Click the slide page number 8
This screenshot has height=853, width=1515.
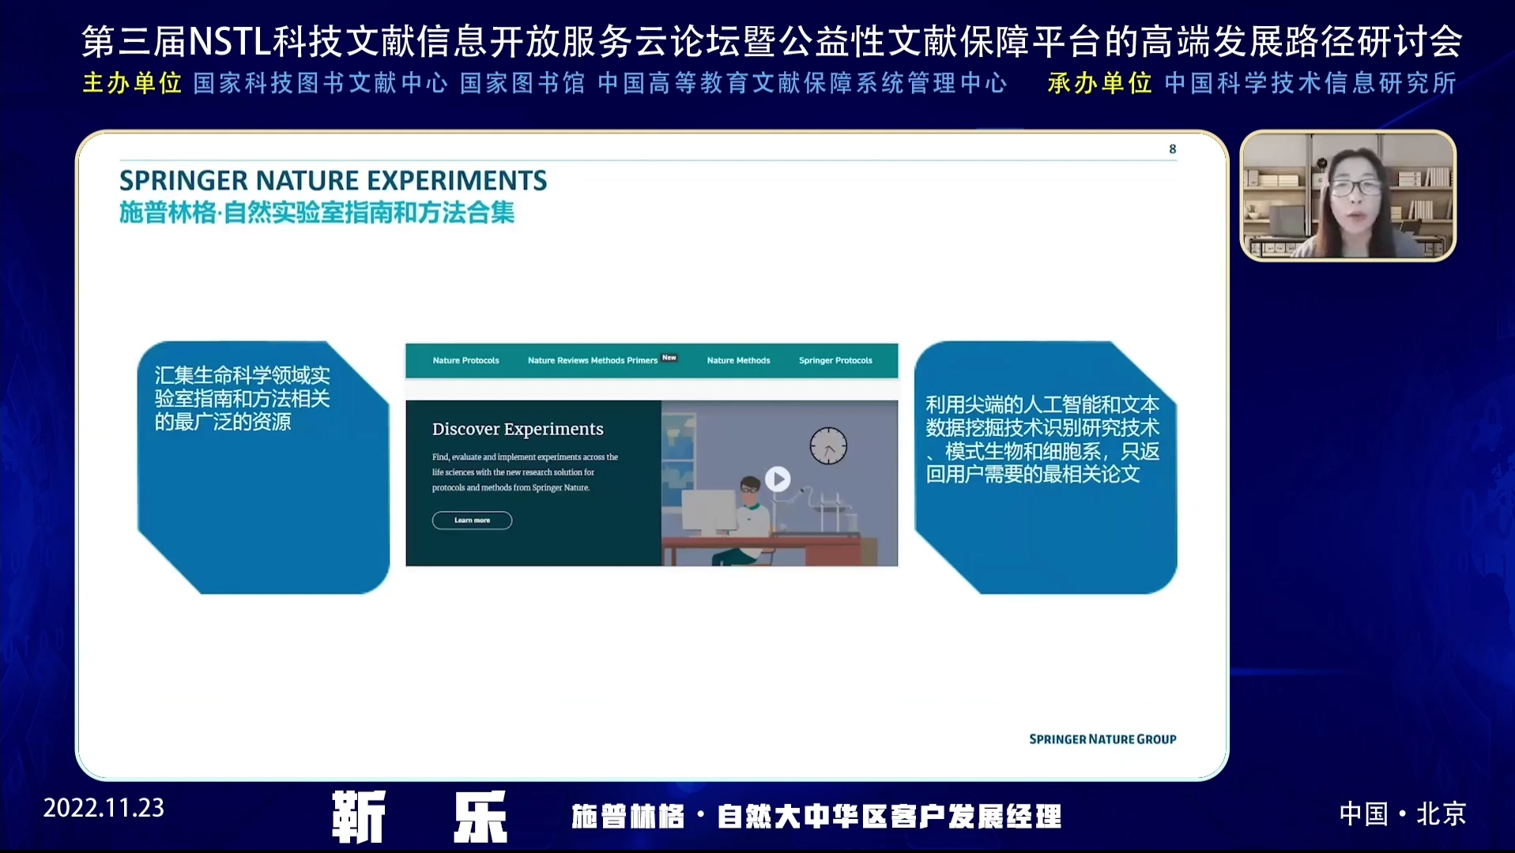[1173, 148]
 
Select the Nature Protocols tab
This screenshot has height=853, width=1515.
[465, 360]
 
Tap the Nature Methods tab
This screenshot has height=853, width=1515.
[738, 360]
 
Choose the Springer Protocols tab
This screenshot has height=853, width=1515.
[835, 360]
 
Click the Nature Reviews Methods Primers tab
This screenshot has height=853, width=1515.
[593, 360]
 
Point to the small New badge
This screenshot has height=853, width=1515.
[669, 358]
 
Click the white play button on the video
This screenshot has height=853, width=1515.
[778, 479]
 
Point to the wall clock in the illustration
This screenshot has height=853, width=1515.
[828, 445]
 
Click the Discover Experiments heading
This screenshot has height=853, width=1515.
[518, 429]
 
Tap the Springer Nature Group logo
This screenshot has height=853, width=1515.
[1102, 739]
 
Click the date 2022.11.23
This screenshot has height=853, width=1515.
[104, 808]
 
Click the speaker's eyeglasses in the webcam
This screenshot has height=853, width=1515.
[1355, 187]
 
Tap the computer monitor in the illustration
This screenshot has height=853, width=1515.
[708, 511]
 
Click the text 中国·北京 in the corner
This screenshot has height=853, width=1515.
[1403, 814]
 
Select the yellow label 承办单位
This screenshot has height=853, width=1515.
[1099, 83]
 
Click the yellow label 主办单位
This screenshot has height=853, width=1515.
[132, 83]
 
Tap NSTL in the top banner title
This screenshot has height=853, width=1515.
[230, 42]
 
